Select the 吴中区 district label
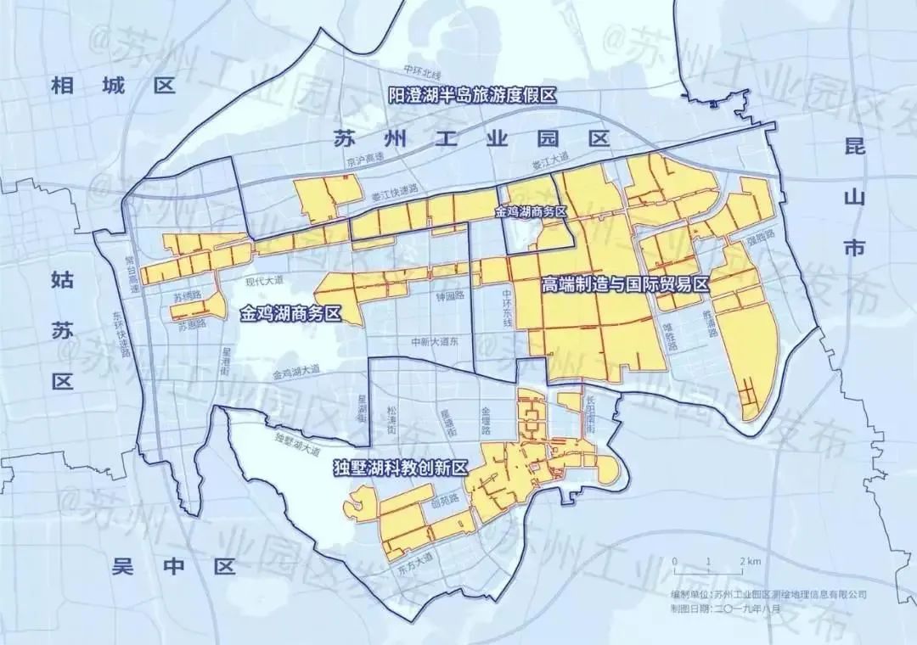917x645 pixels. (173, 567)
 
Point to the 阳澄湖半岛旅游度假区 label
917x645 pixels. (472, 95)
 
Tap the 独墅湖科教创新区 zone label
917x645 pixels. (402, 468)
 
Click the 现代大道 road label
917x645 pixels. (263, 279)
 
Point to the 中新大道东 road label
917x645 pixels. (434, 342)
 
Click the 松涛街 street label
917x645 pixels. (391, 415)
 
